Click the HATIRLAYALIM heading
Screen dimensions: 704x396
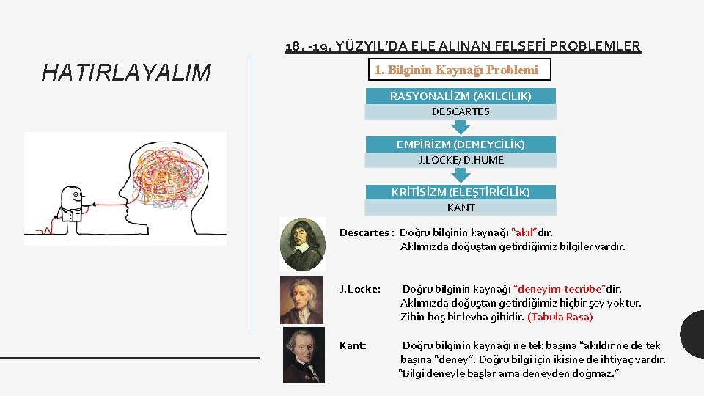click(126, 73)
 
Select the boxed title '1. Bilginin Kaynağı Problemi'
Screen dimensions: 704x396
click(456, 70)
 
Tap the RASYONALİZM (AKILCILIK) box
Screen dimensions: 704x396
click(461, 96)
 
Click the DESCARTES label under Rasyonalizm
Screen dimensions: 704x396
click(461, 112)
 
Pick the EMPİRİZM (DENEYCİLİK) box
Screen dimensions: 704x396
click(461, 144)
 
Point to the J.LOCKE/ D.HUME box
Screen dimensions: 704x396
click(461, 160)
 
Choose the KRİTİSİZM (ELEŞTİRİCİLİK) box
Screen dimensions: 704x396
click(461, 192)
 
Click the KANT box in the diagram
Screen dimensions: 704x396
click(461, 208)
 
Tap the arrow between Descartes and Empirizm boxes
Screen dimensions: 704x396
click(461, 127)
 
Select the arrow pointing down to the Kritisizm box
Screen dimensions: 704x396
click(461, 175)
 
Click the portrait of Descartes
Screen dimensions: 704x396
click(302, 244)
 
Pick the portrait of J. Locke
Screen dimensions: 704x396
click(301, 299)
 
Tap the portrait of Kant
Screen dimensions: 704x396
click(303, 355)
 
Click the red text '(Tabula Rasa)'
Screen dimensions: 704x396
click(560, 317)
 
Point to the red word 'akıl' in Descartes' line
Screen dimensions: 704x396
click(522, 232)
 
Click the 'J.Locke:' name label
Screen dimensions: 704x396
click(359, 289)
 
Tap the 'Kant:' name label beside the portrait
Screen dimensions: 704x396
click(353, 345)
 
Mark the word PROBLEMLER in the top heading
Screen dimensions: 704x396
click(595, 46)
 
